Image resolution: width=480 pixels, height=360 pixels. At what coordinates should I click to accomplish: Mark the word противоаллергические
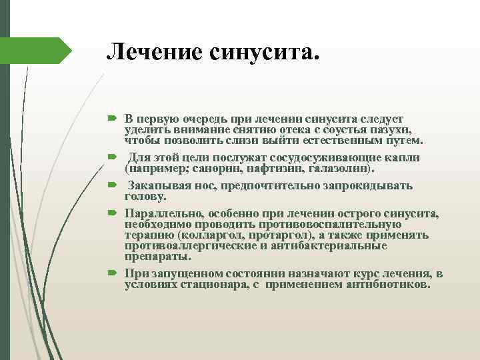pyautogui.click(x=185, y=246)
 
